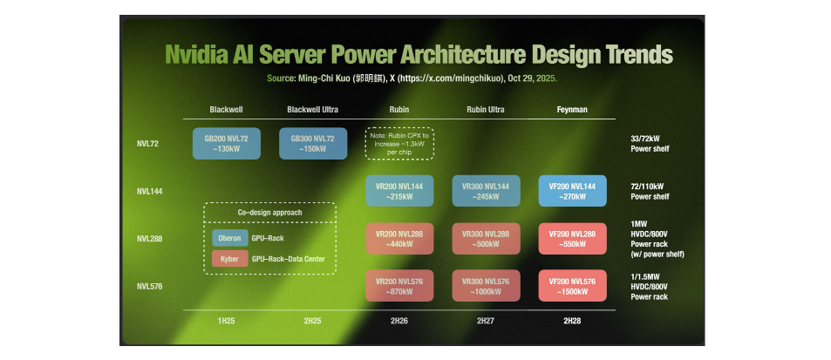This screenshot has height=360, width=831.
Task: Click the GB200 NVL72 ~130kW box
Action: [x=225, y=144]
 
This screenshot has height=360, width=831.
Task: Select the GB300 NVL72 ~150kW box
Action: [x=312, y=144]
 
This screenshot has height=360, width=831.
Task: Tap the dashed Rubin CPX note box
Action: [x=398, y=143]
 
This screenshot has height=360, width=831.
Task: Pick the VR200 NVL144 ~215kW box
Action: [x=398, y=192]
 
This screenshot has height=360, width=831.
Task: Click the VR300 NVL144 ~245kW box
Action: [x=486, y=192]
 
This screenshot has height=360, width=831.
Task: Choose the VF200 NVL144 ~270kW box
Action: [x=573, y=192]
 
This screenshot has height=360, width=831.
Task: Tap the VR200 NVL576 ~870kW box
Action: [x=398, y=286]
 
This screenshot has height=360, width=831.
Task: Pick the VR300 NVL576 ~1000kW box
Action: [x=486, y=286]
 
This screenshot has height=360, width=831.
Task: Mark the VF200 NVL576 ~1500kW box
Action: [x=573, y=286]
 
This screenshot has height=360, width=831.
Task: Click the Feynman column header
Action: [x=573, y=110]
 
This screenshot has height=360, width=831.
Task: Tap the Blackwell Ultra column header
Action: [x=312, y=110]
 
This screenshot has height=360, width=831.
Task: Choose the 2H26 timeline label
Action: [x=398, y=321]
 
